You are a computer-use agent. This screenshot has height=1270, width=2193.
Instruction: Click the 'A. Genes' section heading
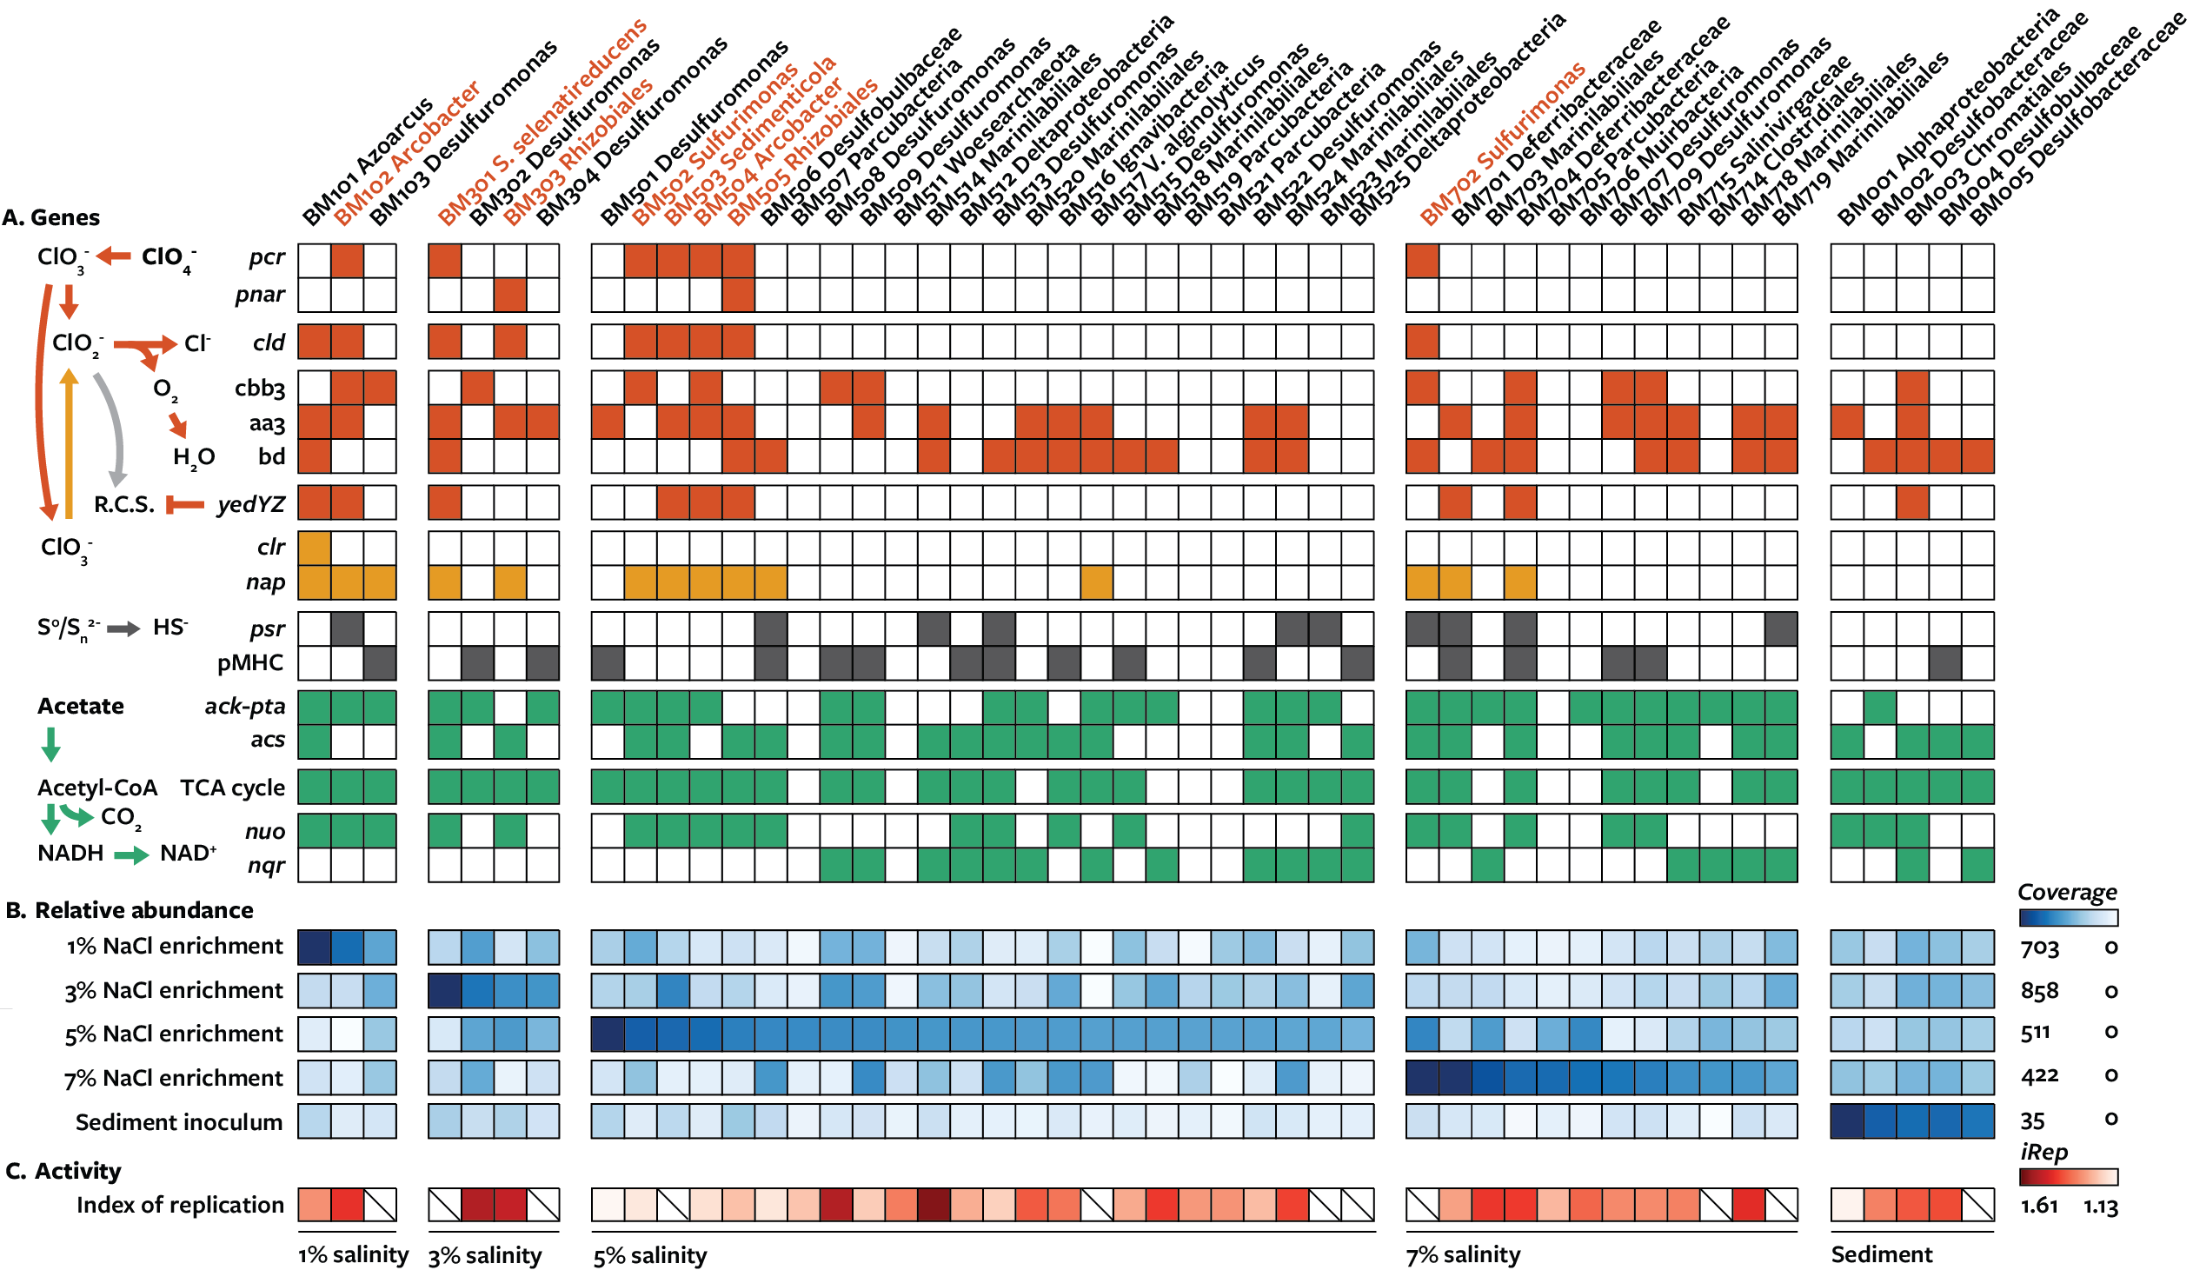click(x=51, y=217)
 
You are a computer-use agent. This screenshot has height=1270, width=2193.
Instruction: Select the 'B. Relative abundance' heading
click(x=130, y=910)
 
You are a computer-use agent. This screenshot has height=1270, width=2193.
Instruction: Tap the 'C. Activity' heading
click(x=63, y=1172)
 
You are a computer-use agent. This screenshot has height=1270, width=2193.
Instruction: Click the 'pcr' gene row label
click(x=266, y=257)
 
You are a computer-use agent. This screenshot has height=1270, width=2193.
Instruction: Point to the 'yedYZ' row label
click(x=250, y=505)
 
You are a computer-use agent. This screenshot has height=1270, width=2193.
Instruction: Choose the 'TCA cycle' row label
click(x=232, y=788)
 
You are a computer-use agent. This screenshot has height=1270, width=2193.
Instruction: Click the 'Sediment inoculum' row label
click(x=178, y=1123)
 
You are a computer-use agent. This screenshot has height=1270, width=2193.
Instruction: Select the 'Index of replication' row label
click(x=180, y=1206)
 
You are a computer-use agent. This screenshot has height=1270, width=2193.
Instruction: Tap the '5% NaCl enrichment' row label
click(x=174, y=1035)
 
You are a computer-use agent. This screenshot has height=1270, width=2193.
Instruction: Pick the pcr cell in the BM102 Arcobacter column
click(x=347, y=261)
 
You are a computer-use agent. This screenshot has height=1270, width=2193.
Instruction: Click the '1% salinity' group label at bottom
click(x=352, y=1255)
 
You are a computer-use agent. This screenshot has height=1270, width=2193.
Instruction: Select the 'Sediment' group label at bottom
click(x=1882, y=1255)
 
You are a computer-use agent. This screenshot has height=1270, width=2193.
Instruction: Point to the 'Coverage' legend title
click(x=2067, y=893)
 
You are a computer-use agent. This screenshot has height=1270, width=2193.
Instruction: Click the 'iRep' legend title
click(x=2043, y=1154)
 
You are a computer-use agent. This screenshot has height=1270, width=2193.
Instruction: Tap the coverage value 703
click(x=2039, y=948)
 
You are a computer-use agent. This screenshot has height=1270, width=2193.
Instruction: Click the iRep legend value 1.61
click(x=2039, y=1207)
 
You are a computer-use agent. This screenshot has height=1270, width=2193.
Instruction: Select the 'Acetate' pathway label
click(x=80, y=707)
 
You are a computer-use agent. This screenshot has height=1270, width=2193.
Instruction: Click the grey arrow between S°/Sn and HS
click(x=123, y=629)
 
